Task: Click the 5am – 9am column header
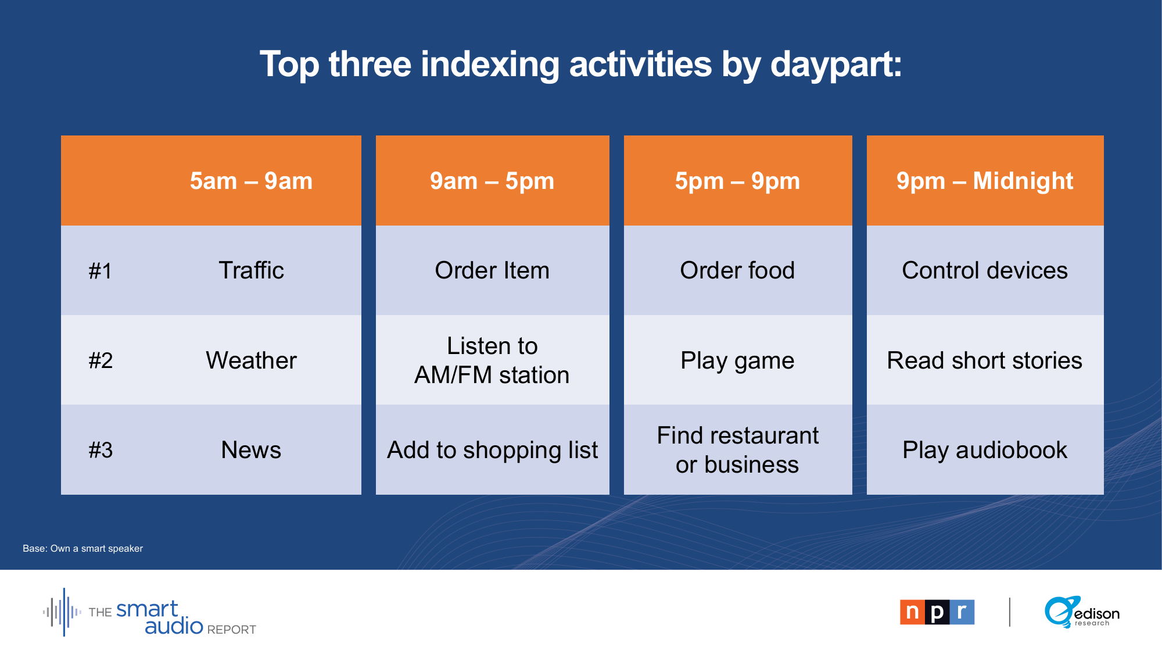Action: pos(251,181)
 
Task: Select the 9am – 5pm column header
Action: pos(492,181)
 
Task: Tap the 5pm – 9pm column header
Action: pos(738,181)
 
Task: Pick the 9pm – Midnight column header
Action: pos(985,181)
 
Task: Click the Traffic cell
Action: pos(251,270)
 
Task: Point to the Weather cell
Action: pos(251,360)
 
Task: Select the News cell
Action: pos(251,450)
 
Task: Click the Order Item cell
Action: pos(492,270)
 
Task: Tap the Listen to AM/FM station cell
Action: pos(492,360)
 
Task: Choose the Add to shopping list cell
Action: pos(492,450)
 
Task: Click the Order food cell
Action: pos(738,270)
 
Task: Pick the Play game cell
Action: pos(738,360)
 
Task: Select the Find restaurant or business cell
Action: pos(738,450)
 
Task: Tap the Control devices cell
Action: pos(985,270)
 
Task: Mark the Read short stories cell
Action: pos(985,360)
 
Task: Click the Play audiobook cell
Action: pos(985,450)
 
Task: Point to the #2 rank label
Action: pos(101,360)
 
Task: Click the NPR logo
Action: pos(937,612)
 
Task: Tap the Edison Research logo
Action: pos(1082,612)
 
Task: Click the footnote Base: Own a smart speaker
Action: pos(83,548)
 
